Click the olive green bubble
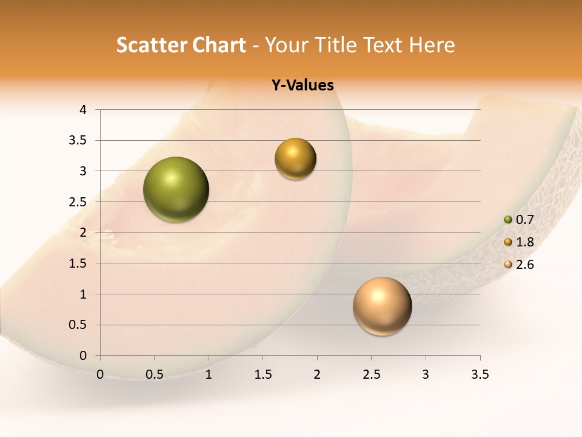coord(176,189)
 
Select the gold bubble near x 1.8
coord(295,158)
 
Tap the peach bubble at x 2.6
coord(382,306)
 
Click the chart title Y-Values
coord(303,86)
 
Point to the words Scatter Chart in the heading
coord(181,45)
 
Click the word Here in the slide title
coord(432,45)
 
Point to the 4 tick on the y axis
coord(83,110)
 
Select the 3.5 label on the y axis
coord(79,140)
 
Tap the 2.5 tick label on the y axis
coord(79,202)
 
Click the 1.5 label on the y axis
coord(79,263)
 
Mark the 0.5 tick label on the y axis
coord(79,325)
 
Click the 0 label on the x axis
coord(100,374)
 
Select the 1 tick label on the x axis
coord(209,374)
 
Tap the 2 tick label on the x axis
coord(317,374)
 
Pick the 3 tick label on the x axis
coord(426,374)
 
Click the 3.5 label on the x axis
coord(480,374)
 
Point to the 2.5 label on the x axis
coord(371,374)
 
